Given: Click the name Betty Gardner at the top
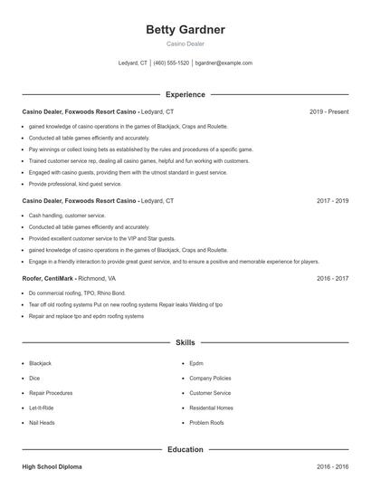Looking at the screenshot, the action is (185, 30).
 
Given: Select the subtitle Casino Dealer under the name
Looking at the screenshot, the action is (185, 44).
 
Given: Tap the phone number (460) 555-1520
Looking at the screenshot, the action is (171, 63).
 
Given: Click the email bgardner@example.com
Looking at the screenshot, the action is (224, 63).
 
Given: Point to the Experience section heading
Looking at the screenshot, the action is (185, 94).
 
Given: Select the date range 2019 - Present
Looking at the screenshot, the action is (328, 111).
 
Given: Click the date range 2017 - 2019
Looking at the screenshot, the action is (332, 200).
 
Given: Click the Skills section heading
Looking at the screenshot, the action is (185, 343).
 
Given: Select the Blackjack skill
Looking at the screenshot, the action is (41, 363).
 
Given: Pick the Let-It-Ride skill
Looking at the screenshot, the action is (42, 408).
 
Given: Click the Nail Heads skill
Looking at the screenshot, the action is (42, 423).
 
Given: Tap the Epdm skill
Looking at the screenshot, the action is (196, 363).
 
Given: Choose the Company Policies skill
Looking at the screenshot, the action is (210, 378).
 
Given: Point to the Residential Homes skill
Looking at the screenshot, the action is (212, 408).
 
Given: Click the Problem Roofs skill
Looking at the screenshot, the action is (206, 423).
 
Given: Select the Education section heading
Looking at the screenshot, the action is (185, 449).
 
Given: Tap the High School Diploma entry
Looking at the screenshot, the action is (52, 466).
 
